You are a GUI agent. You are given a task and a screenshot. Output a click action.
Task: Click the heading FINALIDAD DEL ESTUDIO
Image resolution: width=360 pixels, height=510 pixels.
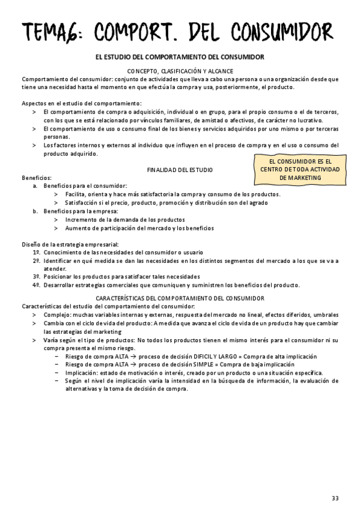pos(180,170)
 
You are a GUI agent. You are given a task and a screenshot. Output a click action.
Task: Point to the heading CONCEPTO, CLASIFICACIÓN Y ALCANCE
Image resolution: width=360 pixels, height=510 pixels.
pos(180,71)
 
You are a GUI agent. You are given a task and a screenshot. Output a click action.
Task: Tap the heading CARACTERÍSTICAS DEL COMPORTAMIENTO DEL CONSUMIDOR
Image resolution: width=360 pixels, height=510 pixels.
pos(180,298)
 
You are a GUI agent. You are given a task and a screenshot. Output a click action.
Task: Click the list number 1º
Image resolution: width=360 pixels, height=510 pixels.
pos(37,253)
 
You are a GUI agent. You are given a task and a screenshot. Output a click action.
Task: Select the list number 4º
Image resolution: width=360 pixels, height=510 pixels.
pos(37,284)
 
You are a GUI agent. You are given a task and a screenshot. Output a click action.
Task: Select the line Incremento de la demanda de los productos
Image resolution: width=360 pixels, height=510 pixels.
pos(125,220)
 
